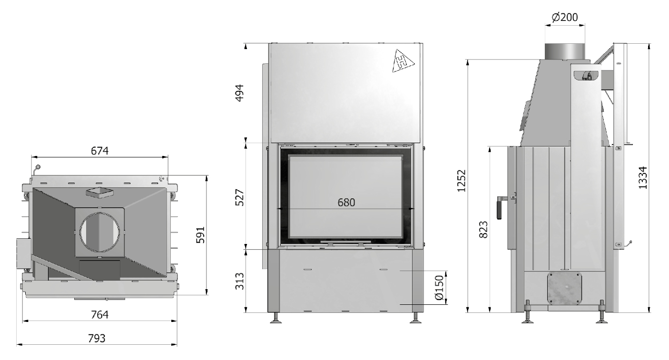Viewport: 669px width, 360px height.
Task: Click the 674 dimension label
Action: tap(100, 151)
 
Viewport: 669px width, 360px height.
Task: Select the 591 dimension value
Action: tap(200, 235)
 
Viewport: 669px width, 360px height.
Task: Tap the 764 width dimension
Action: tap(100, 315)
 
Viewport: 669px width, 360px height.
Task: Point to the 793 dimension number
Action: tap(97, 339)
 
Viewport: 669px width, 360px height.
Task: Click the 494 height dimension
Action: tap(240, 93)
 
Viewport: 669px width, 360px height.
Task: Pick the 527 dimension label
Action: tap(240, 197)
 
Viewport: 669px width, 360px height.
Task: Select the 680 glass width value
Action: tap(346, 203)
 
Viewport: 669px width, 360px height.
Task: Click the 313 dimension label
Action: tap(240, 281)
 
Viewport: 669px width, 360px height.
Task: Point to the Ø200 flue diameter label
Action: tap(565, 17)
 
